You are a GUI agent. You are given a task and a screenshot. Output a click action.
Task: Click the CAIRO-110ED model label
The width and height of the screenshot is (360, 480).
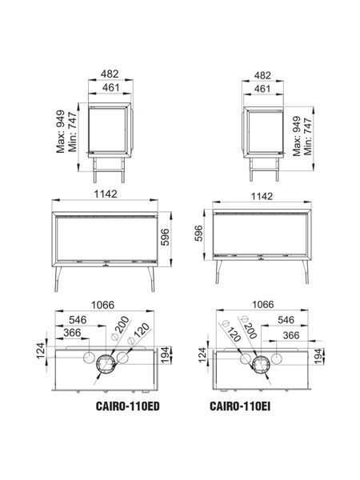128,406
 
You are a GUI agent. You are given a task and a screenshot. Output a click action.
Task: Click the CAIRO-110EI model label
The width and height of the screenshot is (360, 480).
240,406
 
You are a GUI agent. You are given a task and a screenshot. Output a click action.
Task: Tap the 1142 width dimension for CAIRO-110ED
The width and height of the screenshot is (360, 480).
106,194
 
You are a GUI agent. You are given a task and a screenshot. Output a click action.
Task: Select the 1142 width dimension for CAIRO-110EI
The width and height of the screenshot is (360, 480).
262,196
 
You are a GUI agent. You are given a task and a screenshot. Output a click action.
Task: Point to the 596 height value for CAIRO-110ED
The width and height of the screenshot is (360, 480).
165,237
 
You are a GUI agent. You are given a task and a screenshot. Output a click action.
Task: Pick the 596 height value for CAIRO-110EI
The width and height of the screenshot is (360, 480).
199,234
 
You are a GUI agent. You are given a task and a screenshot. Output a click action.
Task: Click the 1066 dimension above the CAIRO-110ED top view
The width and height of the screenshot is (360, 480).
103,305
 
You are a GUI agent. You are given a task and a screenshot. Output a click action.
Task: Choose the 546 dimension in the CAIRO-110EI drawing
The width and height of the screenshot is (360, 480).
286,320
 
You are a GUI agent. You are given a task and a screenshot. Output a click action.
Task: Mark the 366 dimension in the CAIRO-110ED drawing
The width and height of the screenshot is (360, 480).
72,333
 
